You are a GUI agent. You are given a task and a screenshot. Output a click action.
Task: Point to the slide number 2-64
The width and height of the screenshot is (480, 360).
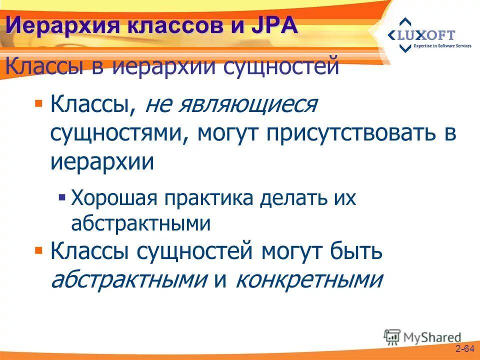tap(464, 348)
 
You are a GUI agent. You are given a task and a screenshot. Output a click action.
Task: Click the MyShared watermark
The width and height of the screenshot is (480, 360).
tap(422, 336)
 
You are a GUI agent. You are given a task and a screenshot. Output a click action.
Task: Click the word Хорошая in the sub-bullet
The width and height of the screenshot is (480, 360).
tap(112, 199)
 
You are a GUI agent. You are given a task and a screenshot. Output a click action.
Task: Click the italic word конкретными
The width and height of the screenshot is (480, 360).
tap(308, 280)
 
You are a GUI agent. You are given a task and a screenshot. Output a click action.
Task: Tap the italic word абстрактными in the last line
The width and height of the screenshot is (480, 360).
tap(129, 280)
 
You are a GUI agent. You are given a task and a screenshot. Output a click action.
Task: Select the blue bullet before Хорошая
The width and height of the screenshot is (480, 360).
tap(62, 196)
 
